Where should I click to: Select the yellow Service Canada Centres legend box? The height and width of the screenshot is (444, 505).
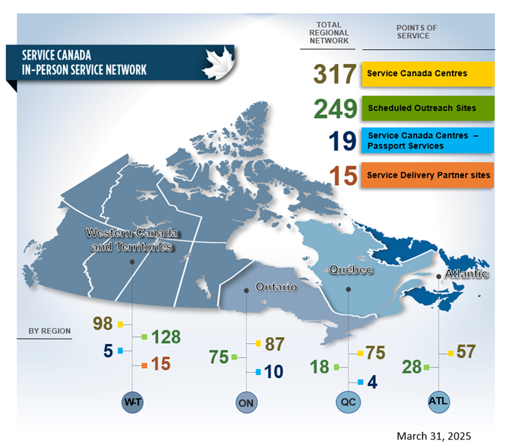(x=426, y=73)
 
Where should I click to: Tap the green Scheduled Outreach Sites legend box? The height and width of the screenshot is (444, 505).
(x=426, y=109)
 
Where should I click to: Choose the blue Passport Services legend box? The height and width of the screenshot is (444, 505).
(x=426, y=141)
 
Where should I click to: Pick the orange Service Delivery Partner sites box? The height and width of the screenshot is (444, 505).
(x=426, y=175)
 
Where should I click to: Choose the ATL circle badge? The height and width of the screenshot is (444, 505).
(x=438, y=401)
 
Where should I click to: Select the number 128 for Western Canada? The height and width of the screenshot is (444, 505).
(x=166, y=337)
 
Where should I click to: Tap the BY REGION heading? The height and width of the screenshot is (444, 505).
(x=50, y=331)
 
